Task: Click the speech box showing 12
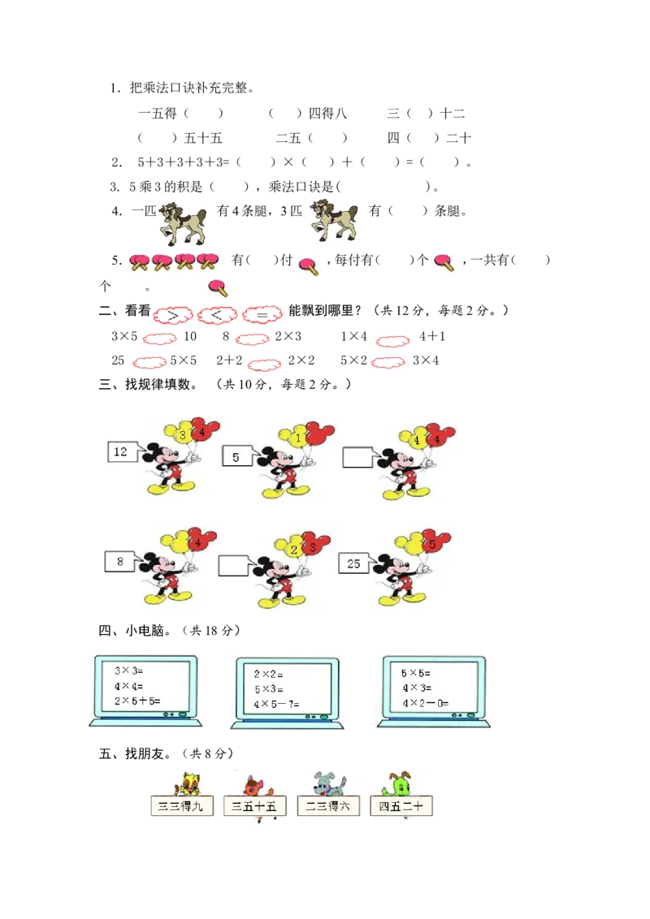(x=122, y=452)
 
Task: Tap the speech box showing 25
(x=354, y=563)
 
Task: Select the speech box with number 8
(x=120, y=561)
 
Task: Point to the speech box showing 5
(x=236, y=457)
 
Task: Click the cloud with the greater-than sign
(x=172, y=314)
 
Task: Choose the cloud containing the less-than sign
(x=217, y=314)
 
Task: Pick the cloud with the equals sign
(x=262, y=314)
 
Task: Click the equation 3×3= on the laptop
(x=128, y=671)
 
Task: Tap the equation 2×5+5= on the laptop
(x=137, y=701)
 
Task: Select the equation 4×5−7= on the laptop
(x=276, y=703)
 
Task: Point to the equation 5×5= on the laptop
(x=416, y=673)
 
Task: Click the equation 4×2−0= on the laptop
(x=425, y=703)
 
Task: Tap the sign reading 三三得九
(x=182, y=806)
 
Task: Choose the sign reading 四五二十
(x=401, y=806)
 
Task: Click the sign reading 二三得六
(x=328, y=806)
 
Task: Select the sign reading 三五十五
(x=254, y=806)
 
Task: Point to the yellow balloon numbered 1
(x=298, y=438)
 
